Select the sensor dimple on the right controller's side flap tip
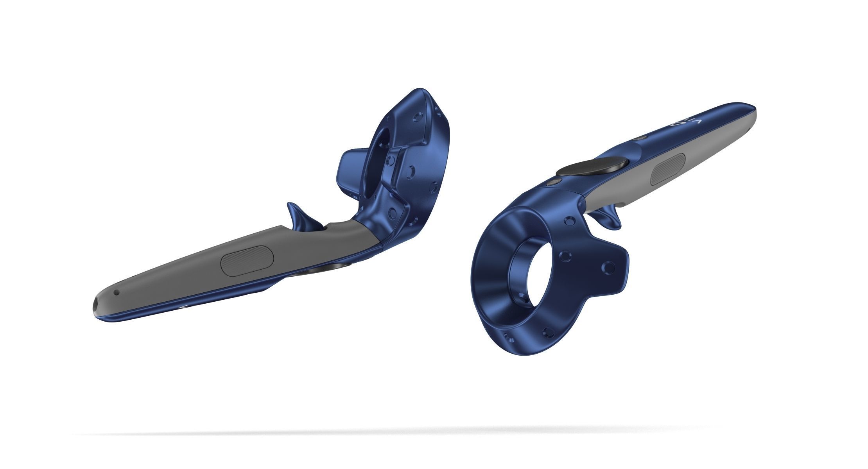tap(608, 267)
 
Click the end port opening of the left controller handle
tap(96, 305)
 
